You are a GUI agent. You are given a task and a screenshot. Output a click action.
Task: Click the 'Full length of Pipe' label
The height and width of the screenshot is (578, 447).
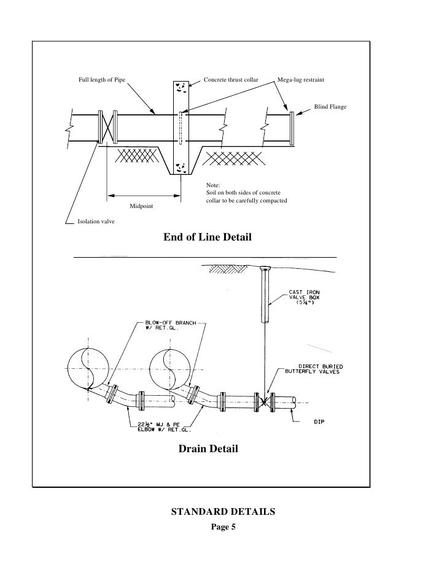tap(101, 80)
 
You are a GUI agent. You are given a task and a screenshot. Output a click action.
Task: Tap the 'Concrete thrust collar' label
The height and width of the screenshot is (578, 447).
tap(230, 80)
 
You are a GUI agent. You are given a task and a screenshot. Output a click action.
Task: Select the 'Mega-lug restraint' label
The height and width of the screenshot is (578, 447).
tap(301, 80)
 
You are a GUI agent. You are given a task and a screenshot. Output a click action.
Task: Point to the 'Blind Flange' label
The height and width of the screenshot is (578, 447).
tap(330, 107)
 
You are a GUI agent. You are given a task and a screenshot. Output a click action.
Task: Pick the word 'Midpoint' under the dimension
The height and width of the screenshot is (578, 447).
tap(142, 206)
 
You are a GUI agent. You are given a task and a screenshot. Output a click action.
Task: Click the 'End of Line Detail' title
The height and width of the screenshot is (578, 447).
tap(208, 236)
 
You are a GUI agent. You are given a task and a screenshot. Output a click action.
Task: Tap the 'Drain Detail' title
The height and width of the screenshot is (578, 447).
tap(208, 449)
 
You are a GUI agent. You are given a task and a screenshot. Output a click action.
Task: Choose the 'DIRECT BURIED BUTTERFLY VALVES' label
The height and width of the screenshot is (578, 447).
tap(318, 368)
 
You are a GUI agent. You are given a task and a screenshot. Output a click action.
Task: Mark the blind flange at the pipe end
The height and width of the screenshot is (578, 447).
tap(292, 128)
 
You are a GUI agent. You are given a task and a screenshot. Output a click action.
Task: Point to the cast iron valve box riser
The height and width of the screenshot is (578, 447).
tap(266, 298)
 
